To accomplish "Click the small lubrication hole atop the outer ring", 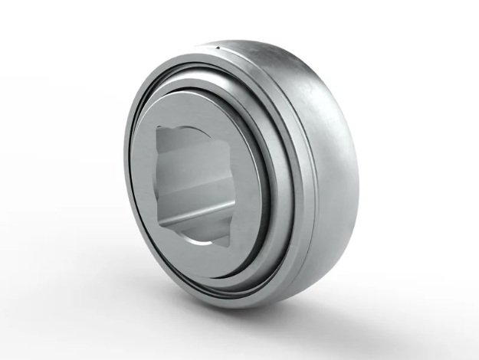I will (x=217, y=50).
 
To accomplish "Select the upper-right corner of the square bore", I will (x=231, y=124).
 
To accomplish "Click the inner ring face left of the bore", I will (x=146, y=184).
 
